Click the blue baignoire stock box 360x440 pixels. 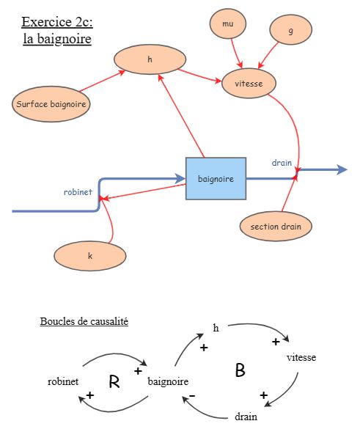[216, 178]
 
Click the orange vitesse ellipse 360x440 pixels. [249, 84]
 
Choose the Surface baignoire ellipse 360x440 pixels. [52, 104]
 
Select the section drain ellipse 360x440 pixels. [276, 226]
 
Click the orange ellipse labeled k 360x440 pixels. [90, 256]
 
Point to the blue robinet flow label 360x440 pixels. [78, 192]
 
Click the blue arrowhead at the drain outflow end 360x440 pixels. [342, 170]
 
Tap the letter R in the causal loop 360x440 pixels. [114, 381]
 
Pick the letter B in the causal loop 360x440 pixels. [240, 371]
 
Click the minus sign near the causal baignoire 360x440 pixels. [191, 396]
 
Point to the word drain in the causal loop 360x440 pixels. [246, 417]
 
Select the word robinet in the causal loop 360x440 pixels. [63, 381]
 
